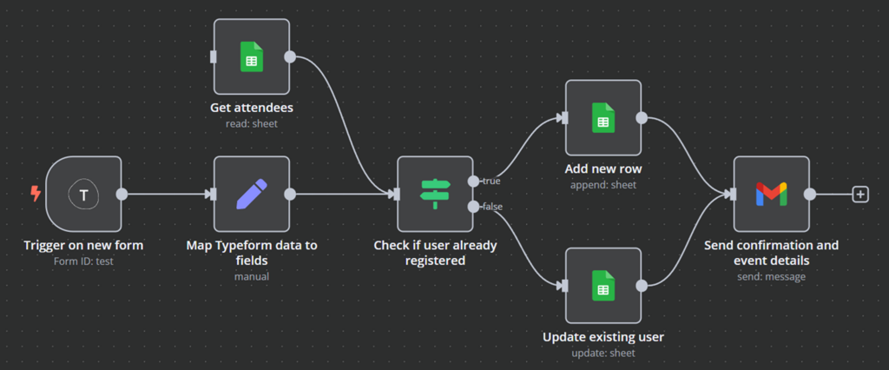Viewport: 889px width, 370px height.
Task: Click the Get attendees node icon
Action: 251,56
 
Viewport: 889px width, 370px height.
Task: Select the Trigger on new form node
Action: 83,195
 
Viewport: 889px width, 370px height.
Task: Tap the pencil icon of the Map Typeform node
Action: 251,195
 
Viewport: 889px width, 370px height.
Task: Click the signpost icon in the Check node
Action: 435,195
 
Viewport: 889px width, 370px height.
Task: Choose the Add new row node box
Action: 603,118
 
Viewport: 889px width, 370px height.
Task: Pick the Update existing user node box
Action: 603,286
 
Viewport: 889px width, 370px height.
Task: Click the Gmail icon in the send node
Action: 771,195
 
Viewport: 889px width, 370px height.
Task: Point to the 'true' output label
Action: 491,181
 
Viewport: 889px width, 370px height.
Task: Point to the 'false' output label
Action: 492,207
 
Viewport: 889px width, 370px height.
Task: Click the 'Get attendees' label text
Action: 252,108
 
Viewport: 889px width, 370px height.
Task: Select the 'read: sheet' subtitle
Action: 252,123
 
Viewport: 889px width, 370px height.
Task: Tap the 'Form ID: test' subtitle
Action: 83,261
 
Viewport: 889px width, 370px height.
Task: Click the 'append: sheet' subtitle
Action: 603,184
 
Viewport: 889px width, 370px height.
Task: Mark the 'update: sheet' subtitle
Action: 603,353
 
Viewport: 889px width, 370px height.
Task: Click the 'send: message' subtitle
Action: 771,276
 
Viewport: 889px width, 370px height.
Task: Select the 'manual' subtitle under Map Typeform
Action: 252,276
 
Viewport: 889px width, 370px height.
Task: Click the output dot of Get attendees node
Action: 290,56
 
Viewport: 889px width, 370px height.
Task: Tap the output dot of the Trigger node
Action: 122,195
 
